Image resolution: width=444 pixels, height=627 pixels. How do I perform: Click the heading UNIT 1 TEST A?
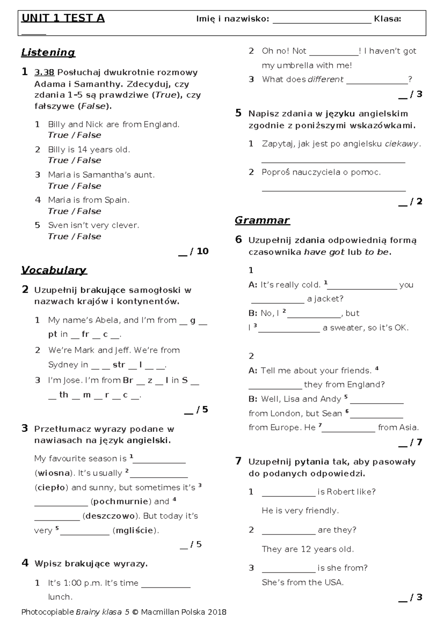point(63,18)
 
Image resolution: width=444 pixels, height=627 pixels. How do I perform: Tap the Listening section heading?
point(48,52)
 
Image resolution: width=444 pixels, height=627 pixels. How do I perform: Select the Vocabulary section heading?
point(54,270)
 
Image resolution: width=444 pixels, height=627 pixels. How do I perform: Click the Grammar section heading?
point(262,221)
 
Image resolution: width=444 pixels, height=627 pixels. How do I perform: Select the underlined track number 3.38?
point(44,72)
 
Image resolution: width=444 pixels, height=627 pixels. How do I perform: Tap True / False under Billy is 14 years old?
point(74,160)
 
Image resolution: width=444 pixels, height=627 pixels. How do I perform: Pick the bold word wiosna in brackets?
point(54,473)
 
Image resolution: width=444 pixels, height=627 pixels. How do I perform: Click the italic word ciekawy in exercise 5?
point(401,144)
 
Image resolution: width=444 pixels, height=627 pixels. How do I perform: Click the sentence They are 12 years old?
point(307,549)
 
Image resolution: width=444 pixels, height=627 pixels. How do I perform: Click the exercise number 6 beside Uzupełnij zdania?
point(239,240)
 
